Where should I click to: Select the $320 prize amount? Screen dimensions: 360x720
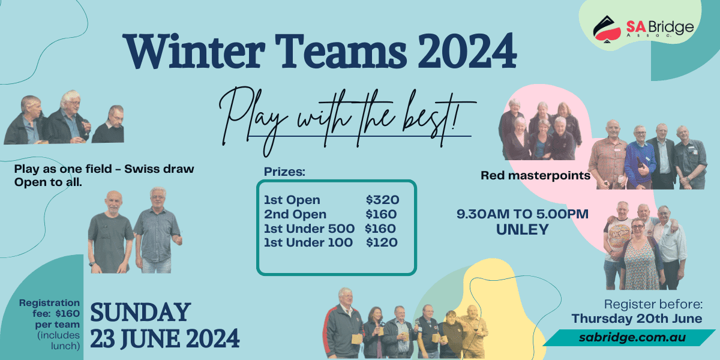coord(382,200)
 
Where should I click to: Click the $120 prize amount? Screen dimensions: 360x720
coord(382,242)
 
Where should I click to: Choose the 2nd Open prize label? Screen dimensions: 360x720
coord(295,214)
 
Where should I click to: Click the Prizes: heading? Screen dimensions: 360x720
coord(285,172)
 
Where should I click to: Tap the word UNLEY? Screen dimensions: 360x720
coord(523,229)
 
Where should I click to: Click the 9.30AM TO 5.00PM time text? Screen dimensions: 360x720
coord(523,214)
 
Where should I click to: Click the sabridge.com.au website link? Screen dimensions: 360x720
coord(632,337)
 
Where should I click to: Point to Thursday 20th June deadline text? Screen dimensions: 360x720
coord(637,318)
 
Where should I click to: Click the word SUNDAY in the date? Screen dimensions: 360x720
coord(140,313)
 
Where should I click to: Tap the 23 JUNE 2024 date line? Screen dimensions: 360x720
coord(165,338)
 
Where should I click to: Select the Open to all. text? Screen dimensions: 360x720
coord(48,181)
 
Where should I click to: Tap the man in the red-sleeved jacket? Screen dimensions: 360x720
coord(343,324)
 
